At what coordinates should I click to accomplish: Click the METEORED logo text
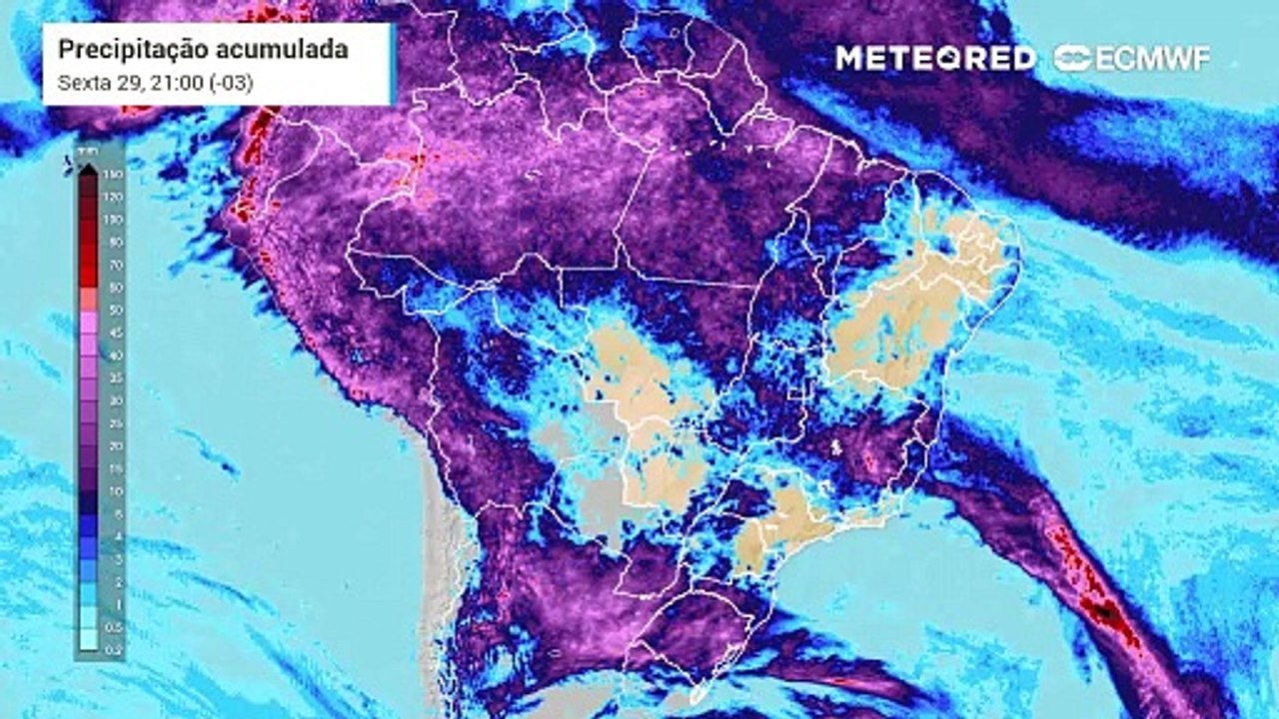(935, 58)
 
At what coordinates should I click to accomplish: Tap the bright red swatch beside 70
(88, 265)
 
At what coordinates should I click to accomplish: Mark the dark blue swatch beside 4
(88, 536)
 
